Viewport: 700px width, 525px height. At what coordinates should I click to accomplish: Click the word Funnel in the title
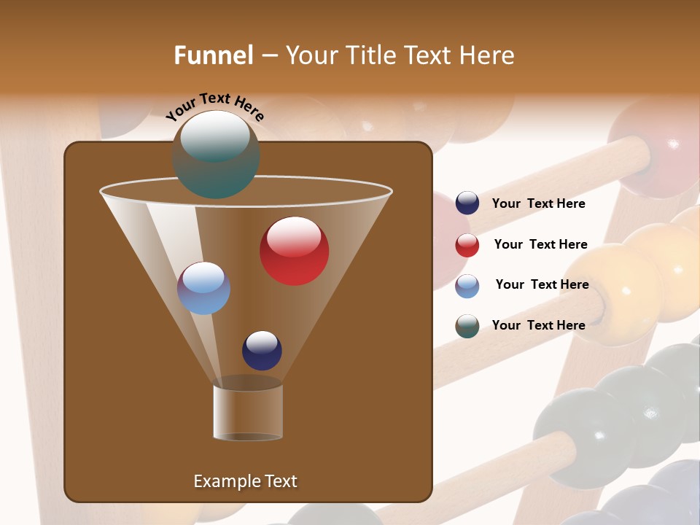click(x=213, y=55)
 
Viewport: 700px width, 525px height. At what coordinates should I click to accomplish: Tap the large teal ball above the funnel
click(x=216, y=155)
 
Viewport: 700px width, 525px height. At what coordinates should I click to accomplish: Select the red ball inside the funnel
click(x=294, y=251)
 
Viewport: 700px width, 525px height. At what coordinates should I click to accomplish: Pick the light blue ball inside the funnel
click(x=203, y=288)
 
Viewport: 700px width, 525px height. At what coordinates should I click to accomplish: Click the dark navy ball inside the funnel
click(x=262, y=350)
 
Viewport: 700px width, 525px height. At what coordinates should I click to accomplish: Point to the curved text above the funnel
click(x=215, y=106)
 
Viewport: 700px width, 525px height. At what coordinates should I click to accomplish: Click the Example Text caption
click(x=245, y=481)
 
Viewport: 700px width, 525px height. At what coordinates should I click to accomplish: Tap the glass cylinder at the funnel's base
click(x=248, y=412)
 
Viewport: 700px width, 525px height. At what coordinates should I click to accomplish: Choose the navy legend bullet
click(x=467, y=203)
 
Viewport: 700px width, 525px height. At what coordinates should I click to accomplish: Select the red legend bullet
click(x=467, y=245)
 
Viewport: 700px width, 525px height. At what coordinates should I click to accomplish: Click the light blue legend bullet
click(x=467, y=286)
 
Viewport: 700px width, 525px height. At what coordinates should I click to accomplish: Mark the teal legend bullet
click(x=467, y=326)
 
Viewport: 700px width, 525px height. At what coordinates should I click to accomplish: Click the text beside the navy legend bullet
click(x=538, y=204)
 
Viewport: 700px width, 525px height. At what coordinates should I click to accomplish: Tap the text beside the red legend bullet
click(x=540, y=245)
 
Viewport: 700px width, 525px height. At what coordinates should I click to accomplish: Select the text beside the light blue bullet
click(x=542, y=285)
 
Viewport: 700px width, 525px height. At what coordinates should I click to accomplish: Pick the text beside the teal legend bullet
click(x=538, y=325)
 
